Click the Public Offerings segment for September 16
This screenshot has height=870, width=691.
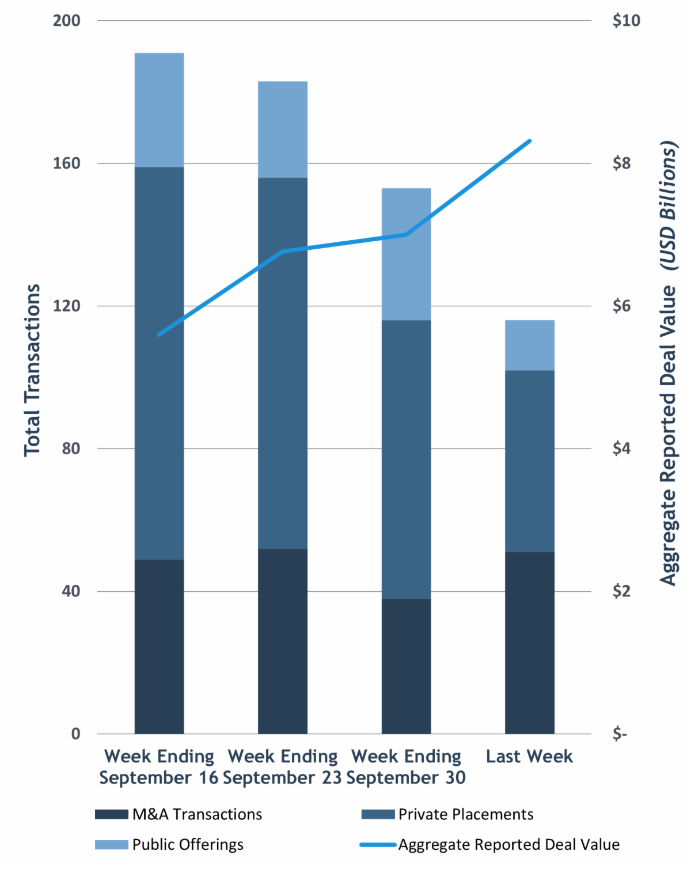pos(159,110)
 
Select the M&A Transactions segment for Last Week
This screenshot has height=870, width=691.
pos(529,643)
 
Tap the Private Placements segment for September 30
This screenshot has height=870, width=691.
pos(406,459)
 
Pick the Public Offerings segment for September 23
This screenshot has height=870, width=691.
pos(282,130)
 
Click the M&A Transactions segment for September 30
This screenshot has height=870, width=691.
pos(406,666)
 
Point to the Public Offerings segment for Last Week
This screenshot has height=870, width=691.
pos(529,345)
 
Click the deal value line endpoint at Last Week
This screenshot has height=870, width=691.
pos(529,140)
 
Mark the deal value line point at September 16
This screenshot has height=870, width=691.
pos(160,334)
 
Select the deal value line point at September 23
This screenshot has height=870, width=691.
pos(283,252)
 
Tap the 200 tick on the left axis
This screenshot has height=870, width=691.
pos(67,21)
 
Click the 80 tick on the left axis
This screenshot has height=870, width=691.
pos(70,449)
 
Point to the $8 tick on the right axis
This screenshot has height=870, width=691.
pos(622,164)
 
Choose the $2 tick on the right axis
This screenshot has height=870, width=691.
pos(622,591)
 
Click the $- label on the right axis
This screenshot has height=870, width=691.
pos(620,734)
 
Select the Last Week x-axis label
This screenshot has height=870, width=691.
pos(529,756)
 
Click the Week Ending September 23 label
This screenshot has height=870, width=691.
pos(282,767)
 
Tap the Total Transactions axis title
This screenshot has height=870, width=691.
pos(32,370)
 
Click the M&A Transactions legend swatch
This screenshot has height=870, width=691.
pos(112,814)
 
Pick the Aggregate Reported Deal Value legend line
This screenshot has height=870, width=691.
pos(378,845)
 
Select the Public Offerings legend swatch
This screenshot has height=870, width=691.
pos(112,845)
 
